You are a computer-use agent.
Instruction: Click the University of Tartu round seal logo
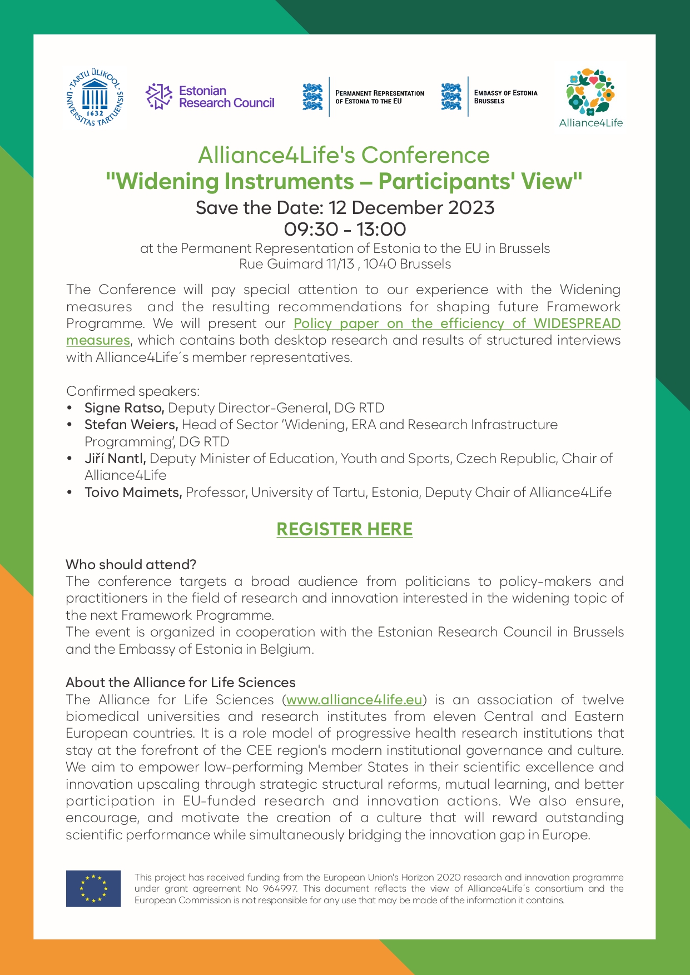coord(95,98)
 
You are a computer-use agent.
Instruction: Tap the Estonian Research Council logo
coord(210,97)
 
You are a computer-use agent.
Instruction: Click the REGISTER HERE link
coord(345,529)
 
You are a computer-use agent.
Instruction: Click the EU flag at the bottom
coord(93,889)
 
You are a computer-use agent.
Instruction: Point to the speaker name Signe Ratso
coord(124,408)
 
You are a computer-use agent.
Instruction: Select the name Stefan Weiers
coord(131,425)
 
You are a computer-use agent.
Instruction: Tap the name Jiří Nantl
coord(115,459)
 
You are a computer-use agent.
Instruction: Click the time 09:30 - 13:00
coord(345,229)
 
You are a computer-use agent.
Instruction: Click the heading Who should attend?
coord(131,565)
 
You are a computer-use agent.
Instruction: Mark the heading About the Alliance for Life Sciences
coord(181,683)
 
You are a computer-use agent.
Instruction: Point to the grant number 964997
coord(282,889)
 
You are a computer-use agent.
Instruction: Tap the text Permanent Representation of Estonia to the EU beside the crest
coord(380,97)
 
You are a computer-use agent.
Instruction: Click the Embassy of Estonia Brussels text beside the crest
coord(505,97)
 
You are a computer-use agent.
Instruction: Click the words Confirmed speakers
coord(133,391)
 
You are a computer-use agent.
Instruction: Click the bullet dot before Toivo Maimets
coord(70,493)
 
